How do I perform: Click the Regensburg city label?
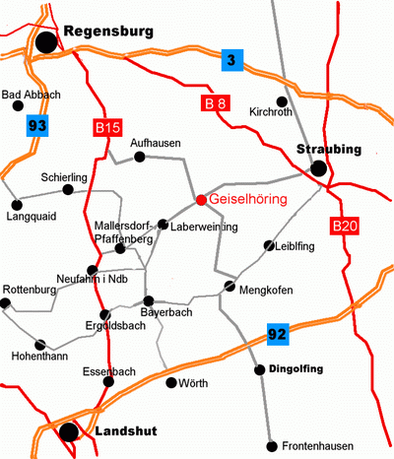pyautogui.click(x=108, y=33)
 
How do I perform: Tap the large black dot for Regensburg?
pyautogui.click(x=46, y=42)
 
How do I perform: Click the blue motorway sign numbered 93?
pyautogui.click(x=37, y=125)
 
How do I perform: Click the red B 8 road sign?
pyautogui.click(x=215, y=103)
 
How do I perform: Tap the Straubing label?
pyautogui.click(x=330, y=150)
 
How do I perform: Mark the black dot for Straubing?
pyautogui.click(x=318, y=169)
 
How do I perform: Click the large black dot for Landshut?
pyautogui.click(x=68, y=430)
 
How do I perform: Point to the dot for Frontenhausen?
pyautogui.click(x=271, y=444)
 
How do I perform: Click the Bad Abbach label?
pyautogui.click(x=33, y=95)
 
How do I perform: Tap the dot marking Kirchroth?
pyautogui.click(x=282, y=100)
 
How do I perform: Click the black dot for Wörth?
pyautogui.click(x=171, y=382)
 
